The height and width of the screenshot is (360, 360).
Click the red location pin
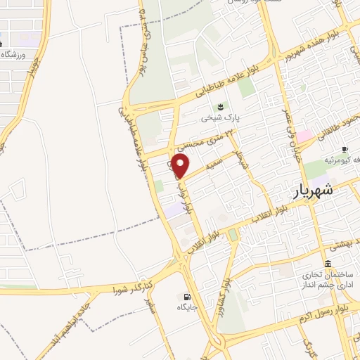pos(181,166)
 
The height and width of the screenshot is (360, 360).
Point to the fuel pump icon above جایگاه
pos(186,296)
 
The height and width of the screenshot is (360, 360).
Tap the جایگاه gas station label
pos(186,307)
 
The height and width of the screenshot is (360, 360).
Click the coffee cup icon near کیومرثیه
pos(345,149)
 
